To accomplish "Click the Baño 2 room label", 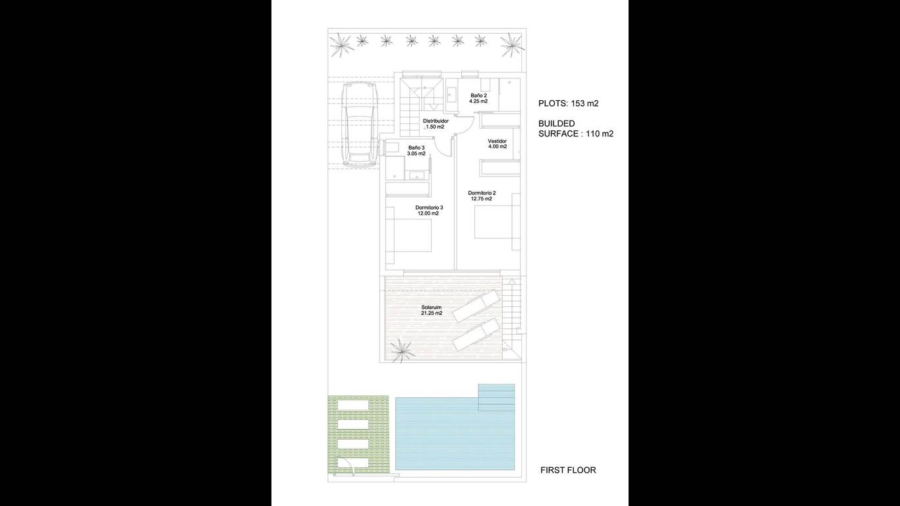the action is pyautogui.click(x=478, y=96).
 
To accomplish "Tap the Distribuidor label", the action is pyautogui.click(x=436, y=121).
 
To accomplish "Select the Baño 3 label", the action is pyautogui.click(x=416, y=148).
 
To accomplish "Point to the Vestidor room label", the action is pyautogui.click(x=497, y=141).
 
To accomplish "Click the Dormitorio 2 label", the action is pyautogui.click(x=482, y=193).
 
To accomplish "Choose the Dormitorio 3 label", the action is pyautogui.click(x=429, y=208).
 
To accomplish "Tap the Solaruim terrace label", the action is pyautogui.click(x=432, y=308).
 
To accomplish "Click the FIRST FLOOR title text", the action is pyautogui.click(x=568, y=470).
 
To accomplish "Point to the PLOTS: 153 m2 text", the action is pyautogui.click(x=569, y=103).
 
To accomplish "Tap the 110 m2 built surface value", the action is pyautogui.click(x=600, y=134).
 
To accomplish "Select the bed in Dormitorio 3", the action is pyautogui.click(x=408, y=235).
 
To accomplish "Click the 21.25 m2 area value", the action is pyautogui.click(x=432, y=313).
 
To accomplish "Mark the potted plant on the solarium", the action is pyautogui.click(x=402, y=351).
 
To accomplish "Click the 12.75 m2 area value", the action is pyautogui.click(x=482, y=198).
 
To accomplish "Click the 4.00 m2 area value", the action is pyautogui.click(x=497, y=147).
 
